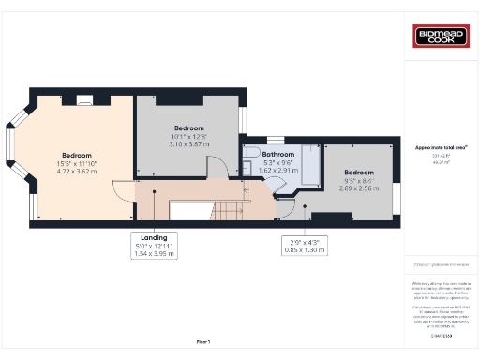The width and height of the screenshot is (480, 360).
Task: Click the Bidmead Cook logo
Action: pyautogui.click(x=441, y=37)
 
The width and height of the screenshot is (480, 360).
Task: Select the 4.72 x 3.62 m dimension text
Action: pyautogui.click(x=77, y=172)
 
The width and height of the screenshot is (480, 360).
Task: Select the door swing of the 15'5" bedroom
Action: pyautogui.click(x=123, y=191)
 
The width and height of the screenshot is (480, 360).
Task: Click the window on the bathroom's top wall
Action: pyautogui.click(x=276, y=141)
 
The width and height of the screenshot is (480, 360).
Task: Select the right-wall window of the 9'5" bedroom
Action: pyautogui.click(x=395, y=198)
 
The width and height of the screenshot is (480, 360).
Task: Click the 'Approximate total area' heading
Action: pyautogui.click(x=441, y=148)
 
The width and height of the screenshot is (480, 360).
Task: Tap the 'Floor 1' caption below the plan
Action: pyautogui.click(x=203, y=342)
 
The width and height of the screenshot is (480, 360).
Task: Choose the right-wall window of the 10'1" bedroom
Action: pyautogui.click(x=242, y=121)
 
